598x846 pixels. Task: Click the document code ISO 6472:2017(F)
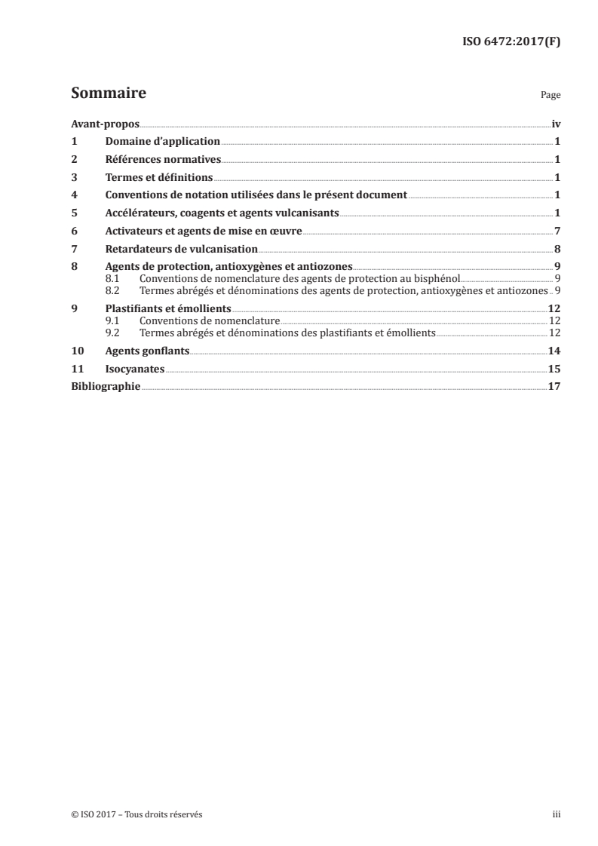511,42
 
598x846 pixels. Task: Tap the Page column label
550,97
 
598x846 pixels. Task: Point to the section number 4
74,195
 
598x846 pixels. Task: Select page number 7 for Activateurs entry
557,231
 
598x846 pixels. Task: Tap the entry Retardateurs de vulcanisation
182,249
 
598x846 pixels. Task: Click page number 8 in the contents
557,249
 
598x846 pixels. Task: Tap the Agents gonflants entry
147,351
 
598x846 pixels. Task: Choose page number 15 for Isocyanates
554,369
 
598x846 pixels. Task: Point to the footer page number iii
556,814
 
